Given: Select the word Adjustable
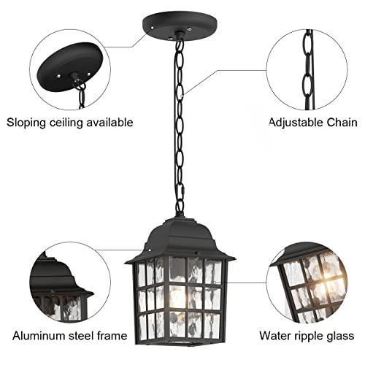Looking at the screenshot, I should [x=298, y=122].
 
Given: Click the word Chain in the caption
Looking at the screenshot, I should [x=342, y=122].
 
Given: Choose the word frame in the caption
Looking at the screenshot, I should [x=110, y=337].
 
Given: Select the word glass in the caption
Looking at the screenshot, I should [x=342, y=337].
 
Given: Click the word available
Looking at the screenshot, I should [x=109, y=122].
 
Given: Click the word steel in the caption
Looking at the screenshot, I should [x=77, y=337].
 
